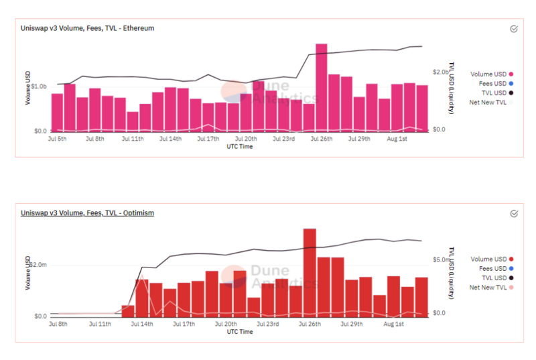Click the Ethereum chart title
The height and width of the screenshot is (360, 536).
[x=88, y=28]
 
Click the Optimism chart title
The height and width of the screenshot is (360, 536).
[x=87, y=213]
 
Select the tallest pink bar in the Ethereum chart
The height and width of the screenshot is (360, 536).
[x=321, y=87]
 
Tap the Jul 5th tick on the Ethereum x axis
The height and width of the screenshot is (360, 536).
[x=58, y=139]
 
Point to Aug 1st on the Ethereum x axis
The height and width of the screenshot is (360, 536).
[x=397, y=139]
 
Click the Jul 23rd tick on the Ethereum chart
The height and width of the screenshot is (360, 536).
[x=283, y=139]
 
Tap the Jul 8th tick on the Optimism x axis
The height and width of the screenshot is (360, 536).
[x=58, y=324]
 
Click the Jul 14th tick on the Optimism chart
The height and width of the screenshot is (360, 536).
[x=141, y=324]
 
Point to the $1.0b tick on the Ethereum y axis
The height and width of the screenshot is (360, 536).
[x=38, y=86]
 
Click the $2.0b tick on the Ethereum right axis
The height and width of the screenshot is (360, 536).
[x=440, y=72]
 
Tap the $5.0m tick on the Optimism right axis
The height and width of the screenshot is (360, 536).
[x=440, y=259]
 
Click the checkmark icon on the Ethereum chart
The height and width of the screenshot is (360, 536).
[x=514, y=29]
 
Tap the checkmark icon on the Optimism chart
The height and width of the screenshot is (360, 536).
[x=514, y=213]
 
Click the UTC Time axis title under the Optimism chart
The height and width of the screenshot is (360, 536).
[x=239, y=332]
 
